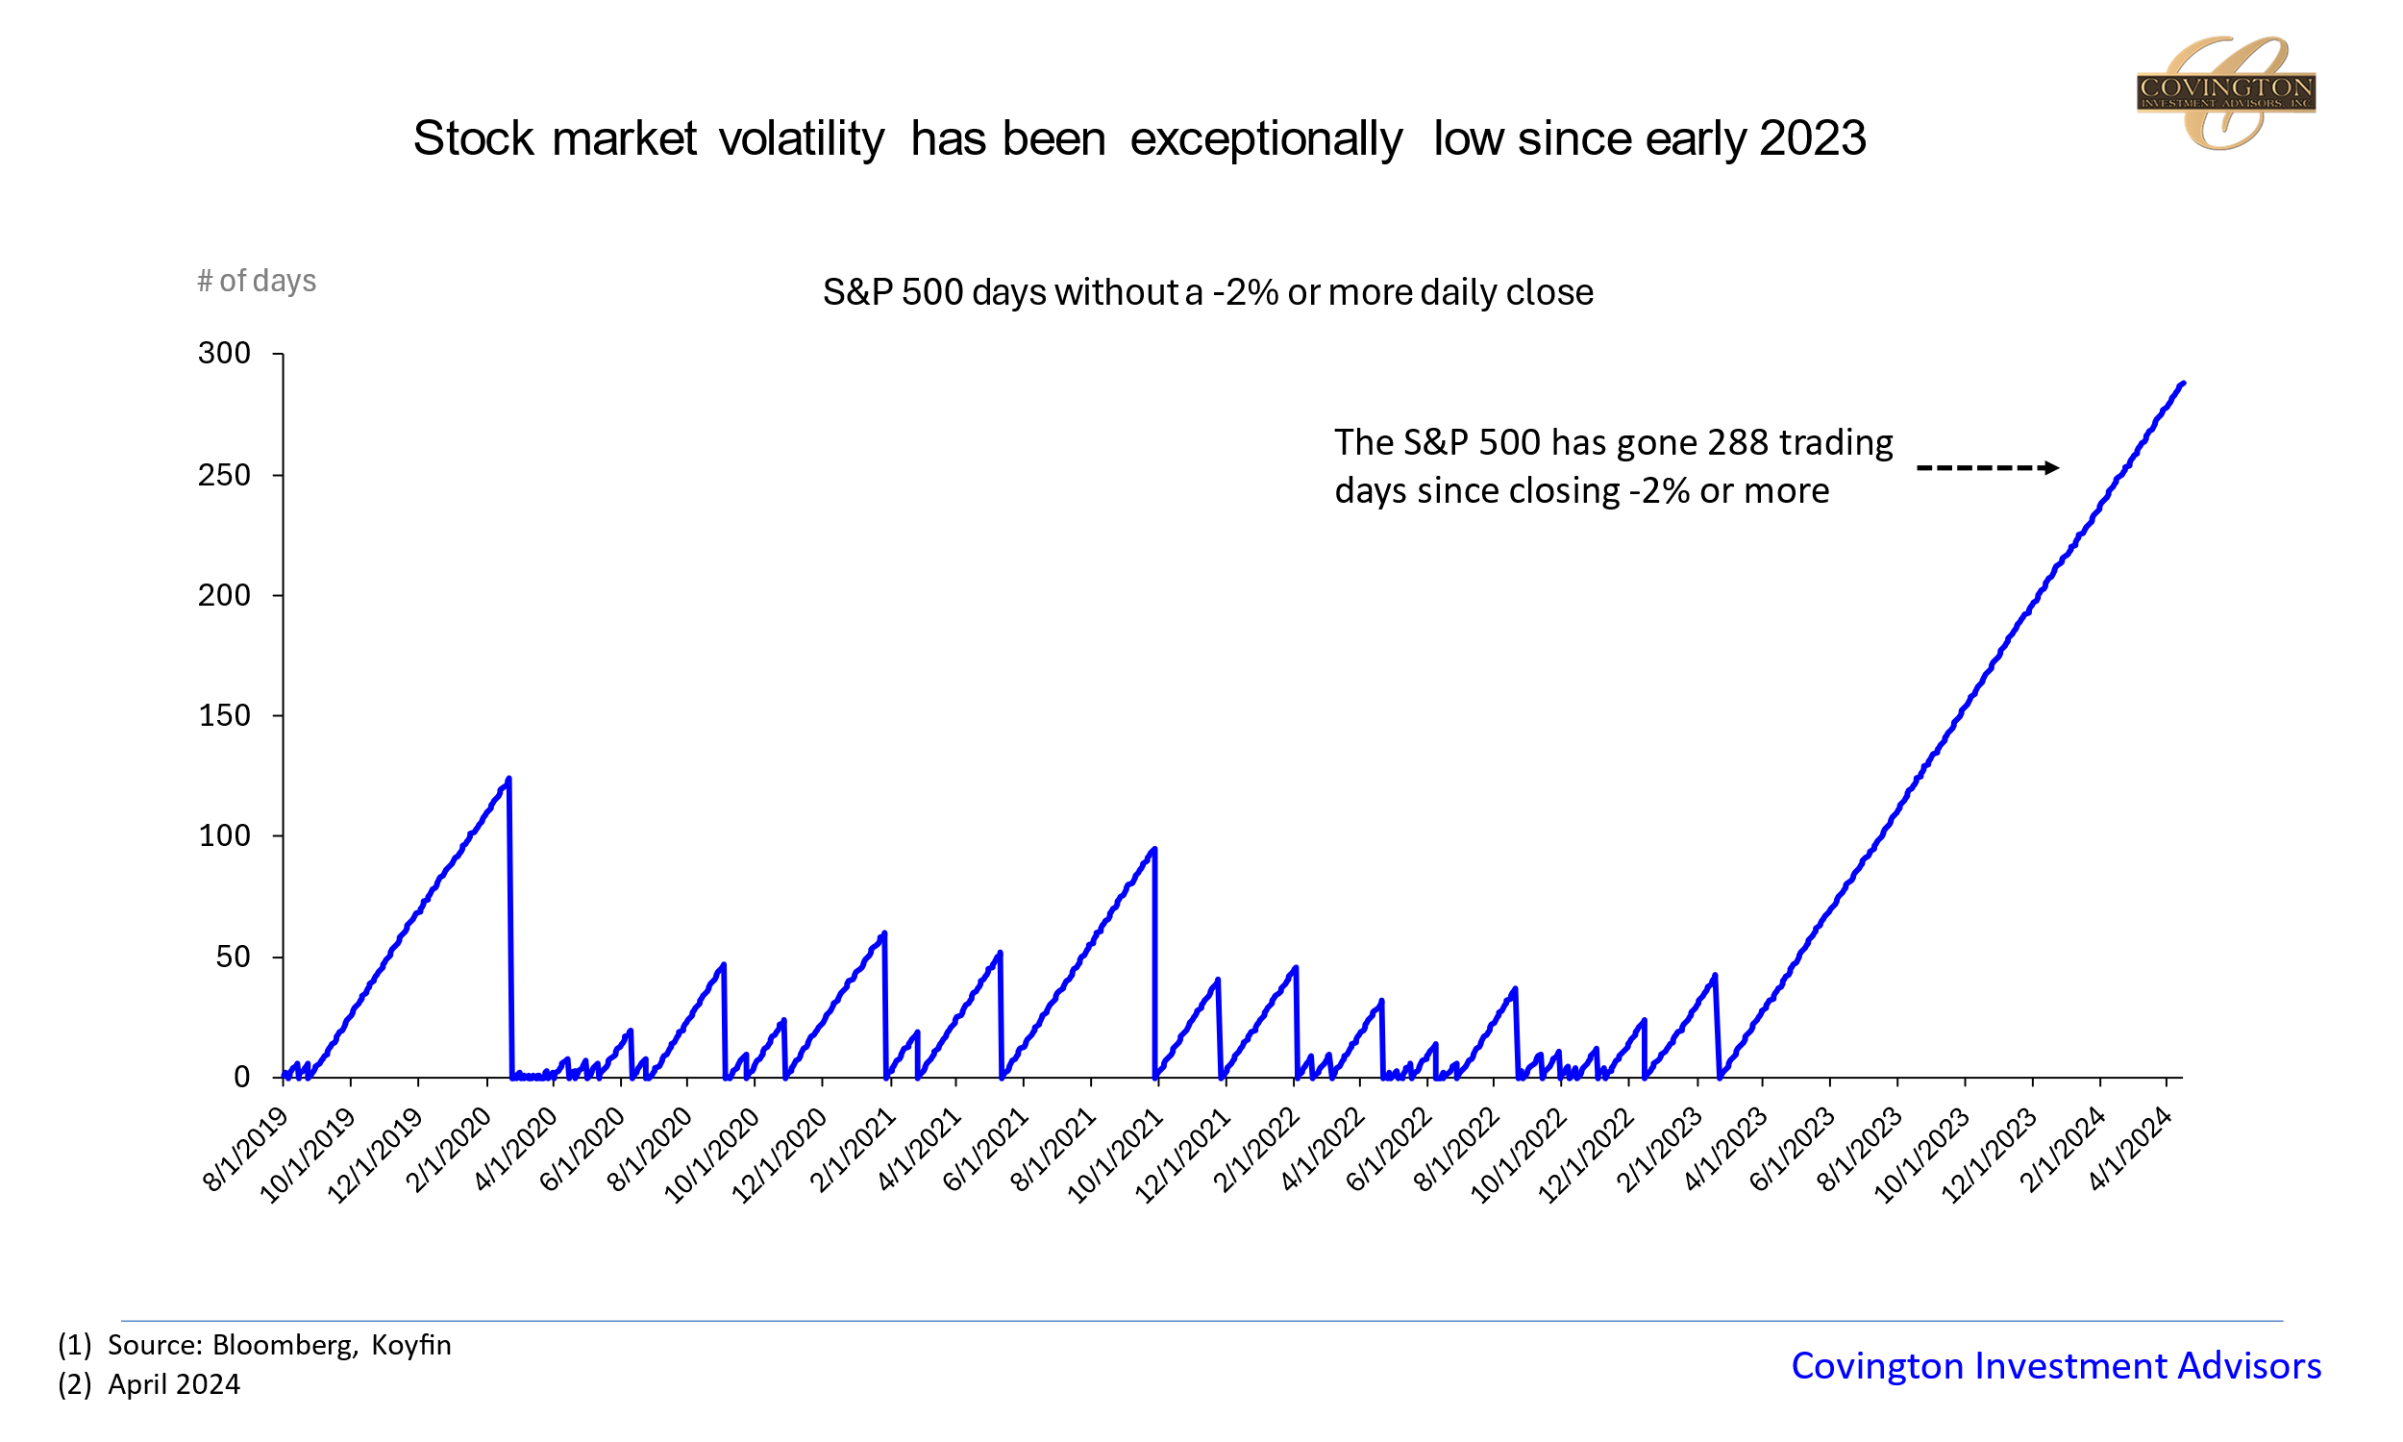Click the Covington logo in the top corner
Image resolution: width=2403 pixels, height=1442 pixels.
point(2224,92)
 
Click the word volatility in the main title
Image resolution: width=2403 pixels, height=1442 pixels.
point(802,139)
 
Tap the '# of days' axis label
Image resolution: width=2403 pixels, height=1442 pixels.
point(257,281)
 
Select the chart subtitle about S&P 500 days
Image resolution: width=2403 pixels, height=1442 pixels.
point(1207,292)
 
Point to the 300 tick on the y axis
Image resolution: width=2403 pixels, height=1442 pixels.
point(224,354)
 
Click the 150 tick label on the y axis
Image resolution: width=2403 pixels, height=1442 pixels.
point(224,716)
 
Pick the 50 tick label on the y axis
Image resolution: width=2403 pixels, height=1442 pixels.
point(234,958)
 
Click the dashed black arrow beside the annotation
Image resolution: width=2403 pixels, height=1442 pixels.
point(1986,468)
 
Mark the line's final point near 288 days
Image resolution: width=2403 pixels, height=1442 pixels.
point(2183,384)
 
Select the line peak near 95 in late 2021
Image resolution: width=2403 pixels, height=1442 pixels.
point(1153,849)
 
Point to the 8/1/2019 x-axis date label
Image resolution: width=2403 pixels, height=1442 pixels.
point(247,1150)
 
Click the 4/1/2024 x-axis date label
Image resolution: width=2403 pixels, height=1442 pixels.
point(2130,1150)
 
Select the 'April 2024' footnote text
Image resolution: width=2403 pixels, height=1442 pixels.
point(174,1384)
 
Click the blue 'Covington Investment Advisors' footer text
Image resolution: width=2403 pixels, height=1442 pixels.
point(2055,1366)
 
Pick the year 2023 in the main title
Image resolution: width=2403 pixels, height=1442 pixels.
point(1813,139)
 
